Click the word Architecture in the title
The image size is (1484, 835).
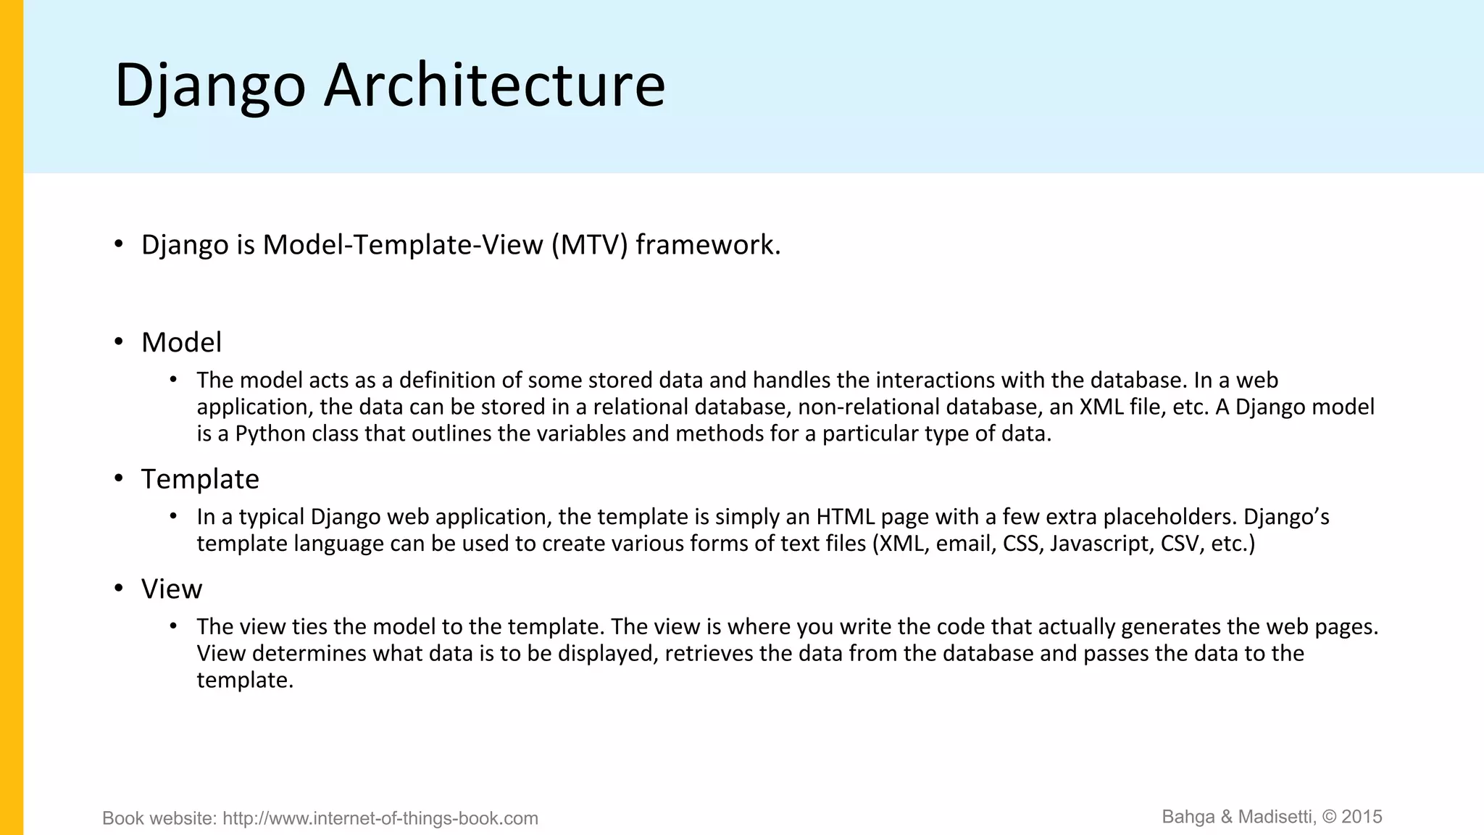(494, 86)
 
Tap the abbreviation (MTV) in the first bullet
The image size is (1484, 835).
(589, 245)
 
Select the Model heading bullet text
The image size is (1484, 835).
(181, 342)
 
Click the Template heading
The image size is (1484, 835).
(200, 479)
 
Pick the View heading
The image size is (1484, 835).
(172, 589)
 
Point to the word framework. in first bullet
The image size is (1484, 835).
(708, 245)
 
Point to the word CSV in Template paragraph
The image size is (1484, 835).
(1180, 544)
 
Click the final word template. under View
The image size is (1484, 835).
(245, 680)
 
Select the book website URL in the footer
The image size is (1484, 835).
(380, 818)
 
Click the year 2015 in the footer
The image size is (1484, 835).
(1362, 817)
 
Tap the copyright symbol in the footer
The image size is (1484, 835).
(1330, 817)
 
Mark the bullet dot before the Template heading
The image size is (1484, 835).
(119, 478)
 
